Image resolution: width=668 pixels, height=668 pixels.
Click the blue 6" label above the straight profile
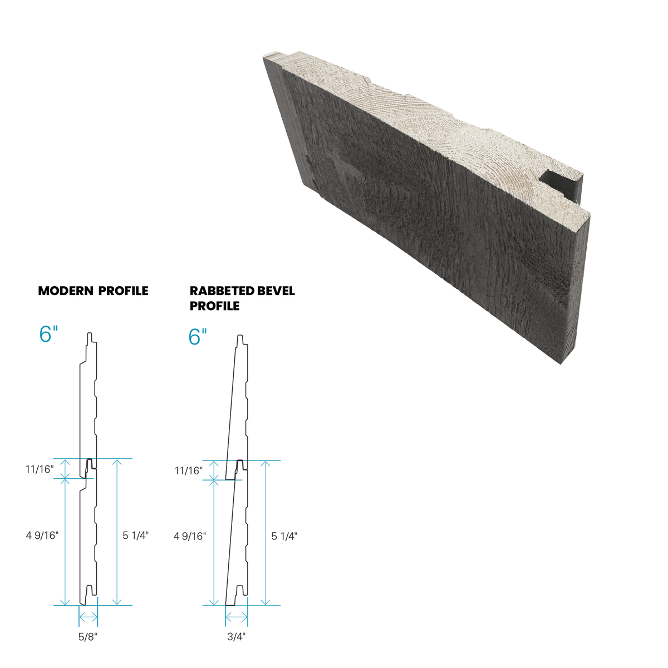coord(48,334)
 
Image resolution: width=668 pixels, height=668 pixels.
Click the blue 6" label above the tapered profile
coord(198,336)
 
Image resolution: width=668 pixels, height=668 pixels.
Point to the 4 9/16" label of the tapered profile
coord(190,536)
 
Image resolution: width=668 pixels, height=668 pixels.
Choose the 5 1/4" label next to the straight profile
coord(136,536)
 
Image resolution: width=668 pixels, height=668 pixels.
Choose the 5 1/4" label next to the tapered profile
coord(284,536)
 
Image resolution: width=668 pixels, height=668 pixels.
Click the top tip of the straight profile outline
coord(90,335)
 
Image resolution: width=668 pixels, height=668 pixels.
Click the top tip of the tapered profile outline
coord(240,335)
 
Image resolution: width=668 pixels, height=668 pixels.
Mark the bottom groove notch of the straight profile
coord(89,591)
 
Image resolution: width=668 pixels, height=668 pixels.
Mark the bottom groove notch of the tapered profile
coord(238,591)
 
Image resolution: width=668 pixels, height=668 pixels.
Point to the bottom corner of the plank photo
coord(562,365)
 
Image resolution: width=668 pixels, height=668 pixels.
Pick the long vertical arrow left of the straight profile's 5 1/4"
coord(116,532)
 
